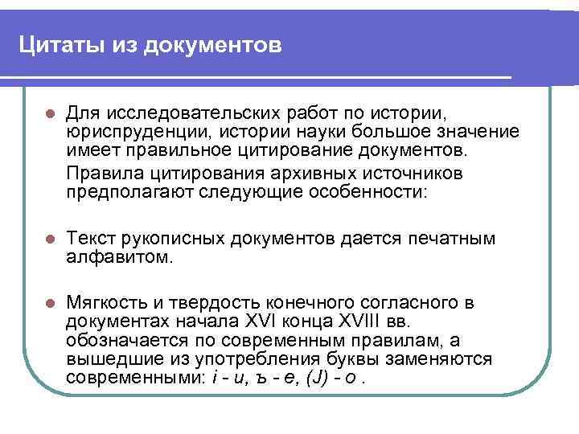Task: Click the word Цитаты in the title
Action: pyautogui.click(x=57, y=46)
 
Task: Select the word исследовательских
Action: pyautogui.click(x=172, y=109)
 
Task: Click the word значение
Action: pyautogui.click(x=474, y=131)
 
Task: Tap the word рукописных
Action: pyautogui.click(x=178, y=239)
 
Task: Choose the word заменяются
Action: pyautogui.click(x=446, y=360)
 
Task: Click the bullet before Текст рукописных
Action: pyautogui.click(x=48, y=240)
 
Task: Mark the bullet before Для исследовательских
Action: pyautogui.click(x=48, y=110)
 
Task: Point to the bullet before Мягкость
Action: pyautogui.click(x=48, y=305)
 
